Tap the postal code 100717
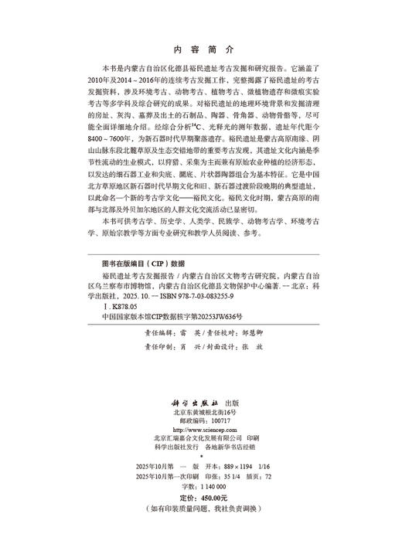[x=219, y=420]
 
